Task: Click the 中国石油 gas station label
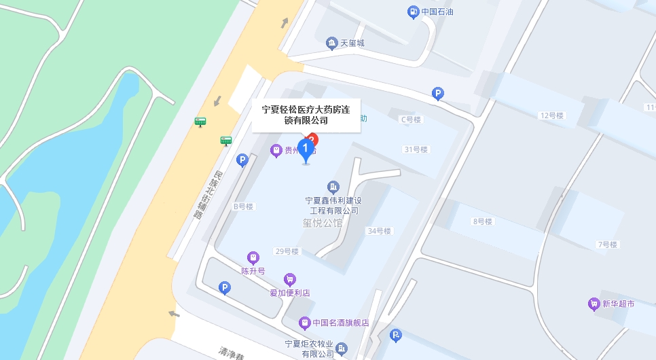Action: coord(437,12)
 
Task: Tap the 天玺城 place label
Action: coord(352,43)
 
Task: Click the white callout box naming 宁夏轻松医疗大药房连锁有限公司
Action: coord(306,114)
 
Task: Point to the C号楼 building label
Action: coord(410,120)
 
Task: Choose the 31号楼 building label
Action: coord(416,149)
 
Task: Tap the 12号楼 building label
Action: coord(552,115)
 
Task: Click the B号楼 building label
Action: coord(243,206)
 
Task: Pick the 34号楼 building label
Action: coord(379,231)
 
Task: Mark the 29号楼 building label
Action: coord(287,251)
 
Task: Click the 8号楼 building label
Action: coord(482,221)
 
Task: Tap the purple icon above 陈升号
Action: coord(253,258)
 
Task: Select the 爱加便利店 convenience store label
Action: coord(290,293)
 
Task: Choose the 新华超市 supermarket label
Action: coord(618,304)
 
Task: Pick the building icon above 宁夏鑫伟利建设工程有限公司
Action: coord(333,187)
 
